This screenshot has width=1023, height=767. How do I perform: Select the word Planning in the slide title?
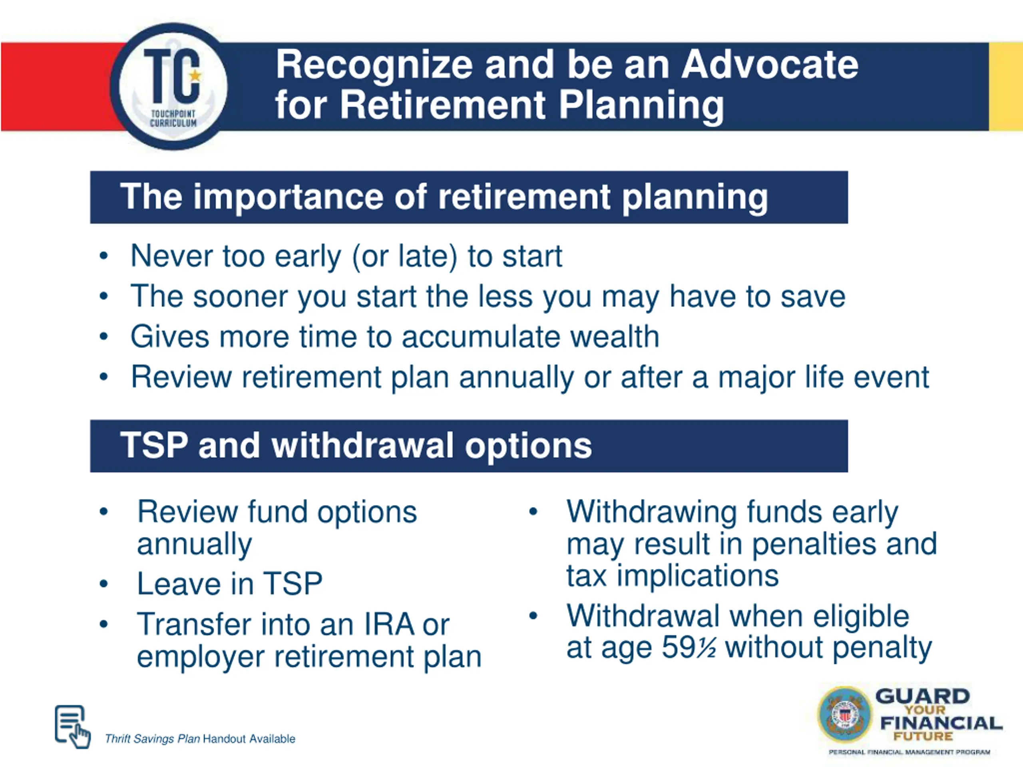pyautogui.click(x=641, y=106)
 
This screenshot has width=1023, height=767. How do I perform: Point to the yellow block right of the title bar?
pyautogui.click(x=1005, y=86)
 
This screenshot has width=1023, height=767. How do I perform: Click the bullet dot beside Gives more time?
pyautogui.click(x=103, y=337)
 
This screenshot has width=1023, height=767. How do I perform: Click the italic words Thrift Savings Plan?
pyautogui.click(x=152, y=739)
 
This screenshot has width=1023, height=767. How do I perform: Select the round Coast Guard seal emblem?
pyautogui.click(x=844, y=715)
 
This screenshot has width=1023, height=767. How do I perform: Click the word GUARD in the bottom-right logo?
pyautogui.click(x=922, y=696)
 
